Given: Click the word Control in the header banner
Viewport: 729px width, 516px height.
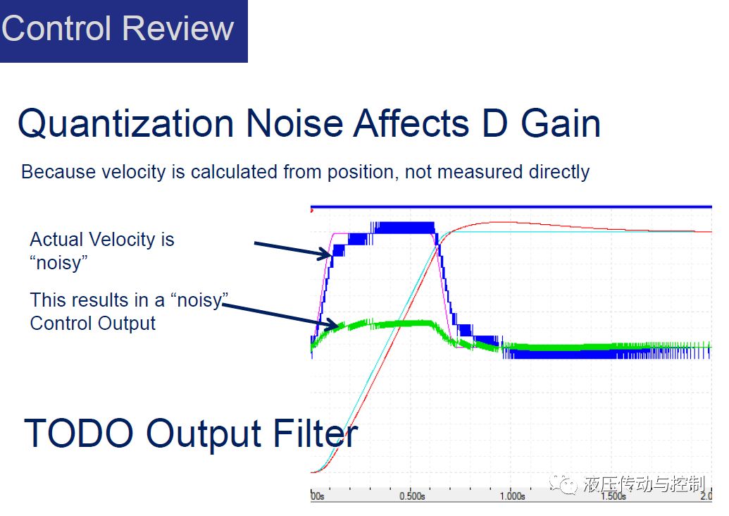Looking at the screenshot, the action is coord(57,28).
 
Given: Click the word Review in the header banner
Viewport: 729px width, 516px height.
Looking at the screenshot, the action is coord(178,28).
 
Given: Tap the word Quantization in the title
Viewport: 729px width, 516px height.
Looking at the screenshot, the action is coord(125,124).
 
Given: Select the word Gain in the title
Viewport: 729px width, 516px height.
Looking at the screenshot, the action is coord(560,124).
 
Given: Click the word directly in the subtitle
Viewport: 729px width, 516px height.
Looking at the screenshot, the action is coord(559,173).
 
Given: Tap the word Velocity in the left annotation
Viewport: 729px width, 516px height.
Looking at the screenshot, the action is coord(122,240).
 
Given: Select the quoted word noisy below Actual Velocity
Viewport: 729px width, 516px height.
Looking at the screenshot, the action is coord(58,264).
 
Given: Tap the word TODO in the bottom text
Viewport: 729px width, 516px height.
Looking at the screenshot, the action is coord(79,434).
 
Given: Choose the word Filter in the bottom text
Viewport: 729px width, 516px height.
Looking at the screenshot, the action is coord(316,434).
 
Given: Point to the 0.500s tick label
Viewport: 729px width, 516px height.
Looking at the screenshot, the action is coord(412,496).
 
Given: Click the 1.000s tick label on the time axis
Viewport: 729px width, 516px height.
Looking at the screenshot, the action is coord(512,496).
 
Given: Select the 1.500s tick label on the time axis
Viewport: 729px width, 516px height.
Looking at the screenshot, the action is coord(613,496).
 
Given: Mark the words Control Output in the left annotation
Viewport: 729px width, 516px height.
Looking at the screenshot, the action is coord(92,324).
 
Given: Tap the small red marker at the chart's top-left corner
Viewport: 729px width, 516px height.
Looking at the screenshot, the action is coord(312,211).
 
